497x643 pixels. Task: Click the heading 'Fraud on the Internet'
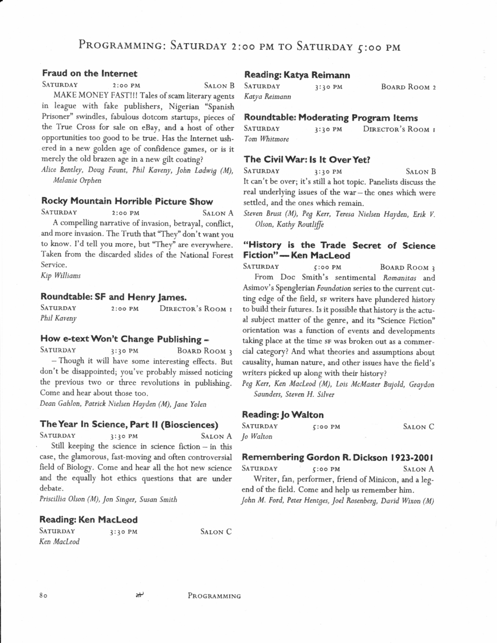89,74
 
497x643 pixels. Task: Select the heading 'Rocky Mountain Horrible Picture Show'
127,202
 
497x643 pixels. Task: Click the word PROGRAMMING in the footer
214,596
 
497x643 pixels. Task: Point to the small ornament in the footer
139,595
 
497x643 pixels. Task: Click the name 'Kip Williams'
61,275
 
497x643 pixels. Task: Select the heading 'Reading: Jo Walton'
282,414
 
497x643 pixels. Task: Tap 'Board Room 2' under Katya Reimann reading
409,87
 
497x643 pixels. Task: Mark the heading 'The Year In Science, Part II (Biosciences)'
129,424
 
